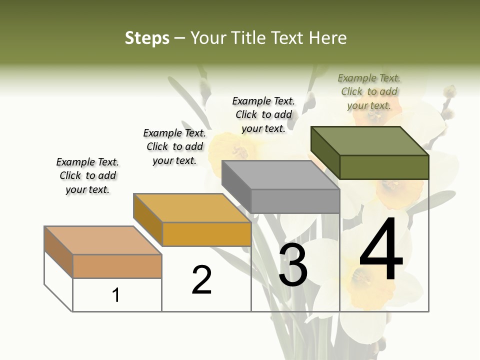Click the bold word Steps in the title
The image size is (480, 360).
coord(147,38)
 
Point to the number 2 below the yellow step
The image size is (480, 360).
coord(202,280)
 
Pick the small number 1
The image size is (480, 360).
coord(116,295)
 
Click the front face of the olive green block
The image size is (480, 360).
coord(384,167)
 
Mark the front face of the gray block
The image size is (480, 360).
coord(295,201)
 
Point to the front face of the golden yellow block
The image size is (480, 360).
coord(206,234)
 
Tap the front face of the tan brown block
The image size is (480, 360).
coord(117,266)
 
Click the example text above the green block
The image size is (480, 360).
coord(369,92)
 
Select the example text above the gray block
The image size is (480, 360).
coord(263,114)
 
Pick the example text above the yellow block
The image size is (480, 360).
coord(174,146)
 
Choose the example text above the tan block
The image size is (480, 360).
coord(87,175)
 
